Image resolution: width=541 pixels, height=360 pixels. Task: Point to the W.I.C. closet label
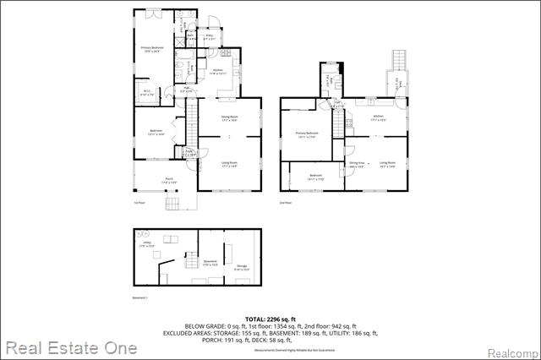146,92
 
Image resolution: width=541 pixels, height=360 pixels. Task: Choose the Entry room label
209,36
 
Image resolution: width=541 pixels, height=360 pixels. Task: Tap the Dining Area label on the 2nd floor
356,164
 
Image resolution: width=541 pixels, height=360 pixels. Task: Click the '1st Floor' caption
139,204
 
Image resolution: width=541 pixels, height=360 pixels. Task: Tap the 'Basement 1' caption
140,298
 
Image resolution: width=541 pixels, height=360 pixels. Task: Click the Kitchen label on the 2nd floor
379,117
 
